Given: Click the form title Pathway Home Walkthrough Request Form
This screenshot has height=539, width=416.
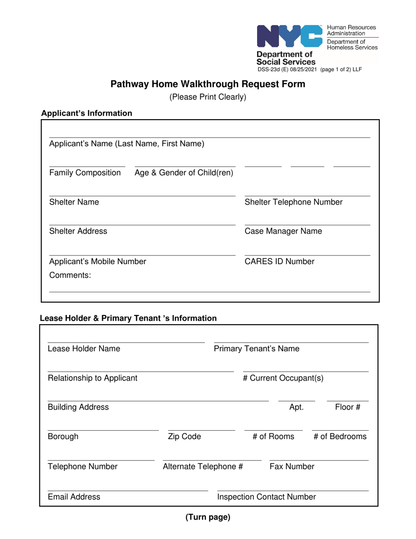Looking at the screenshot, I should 208,84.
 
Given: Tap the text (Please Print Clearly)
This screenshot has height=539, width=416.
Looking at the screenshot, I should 208,97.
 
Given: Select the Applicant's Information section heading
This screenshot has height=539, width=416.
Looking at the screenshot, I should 87,113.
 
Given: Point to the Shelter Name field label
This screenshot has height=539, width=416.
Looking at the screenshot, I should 74,202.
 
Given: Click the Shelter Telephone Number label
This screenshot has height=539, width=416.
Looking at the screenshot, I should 293,202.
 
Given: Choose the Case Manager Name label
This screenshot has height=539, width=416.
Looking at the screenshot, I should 283,231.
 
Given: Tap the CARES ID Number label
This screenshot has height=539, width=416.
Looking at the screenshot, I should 279,262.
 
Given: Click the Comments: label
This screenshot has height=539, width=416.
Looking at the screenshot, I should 70,276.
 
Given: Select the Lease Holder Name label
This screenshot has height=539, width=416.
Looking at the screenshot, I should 84,349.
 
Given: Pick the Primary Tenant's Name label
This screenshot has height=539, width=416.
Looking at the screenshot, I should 257,349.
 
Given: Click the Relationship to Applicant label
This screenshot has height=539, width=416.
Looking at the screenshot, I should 92,378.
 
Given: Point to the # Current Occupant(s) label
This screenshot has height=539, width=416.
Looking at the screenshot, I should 283,378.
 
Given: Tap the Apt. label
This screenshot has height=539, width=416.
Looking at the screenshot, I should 296,408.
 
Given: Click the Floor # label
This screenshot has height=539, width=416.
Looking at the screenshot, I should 348,408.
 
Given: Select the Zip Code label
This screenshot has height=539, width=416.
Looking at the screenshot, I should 184,437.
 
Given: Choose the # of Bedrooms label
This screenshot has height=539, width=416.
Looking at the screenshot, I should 340,437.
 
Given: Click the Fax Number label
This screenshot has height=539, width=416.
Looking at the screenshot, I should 292,467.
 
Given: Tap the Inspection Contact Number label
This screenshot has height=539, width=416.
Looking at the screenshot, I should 267,497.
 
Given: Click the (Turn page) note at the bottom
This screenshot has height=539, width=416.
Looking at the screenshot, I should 208,518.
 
